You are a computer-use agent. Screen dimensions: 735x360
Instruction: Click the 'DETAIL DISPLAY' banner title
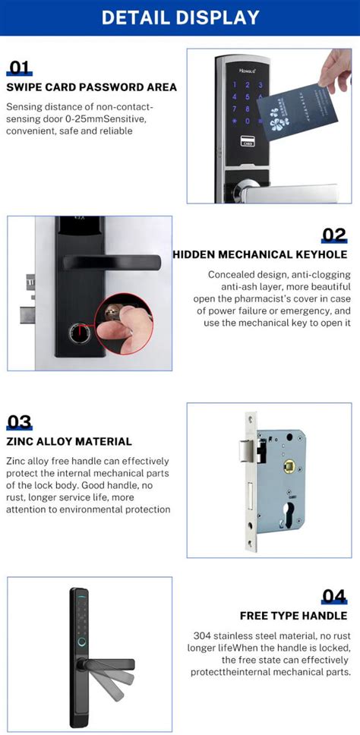coord(180,17)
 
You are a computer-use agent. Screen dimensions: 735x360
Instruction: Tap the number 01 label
coord(19,68)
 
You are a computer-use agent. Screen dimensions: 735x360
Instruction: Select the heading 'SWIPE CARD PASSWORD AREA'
coord(91,87)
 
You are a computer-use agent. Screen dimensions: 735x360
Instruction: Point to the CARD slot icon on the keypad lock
coord(247,140)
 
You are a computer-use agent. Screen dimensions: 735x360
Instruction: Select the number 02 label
coord(333,235)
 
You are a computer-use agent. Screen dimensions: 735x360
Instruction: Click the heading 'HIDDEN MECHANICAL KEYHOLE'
coord(261,254)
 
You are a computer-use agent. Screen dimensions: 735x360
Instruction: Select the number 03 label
coord(20,422)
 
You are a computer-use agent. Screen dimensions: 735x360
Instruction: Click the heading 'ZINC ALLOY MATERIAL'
coord(69,441)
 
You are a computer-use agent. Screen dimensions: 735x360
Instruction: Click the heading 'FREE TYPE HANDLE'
coord(295,615)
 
